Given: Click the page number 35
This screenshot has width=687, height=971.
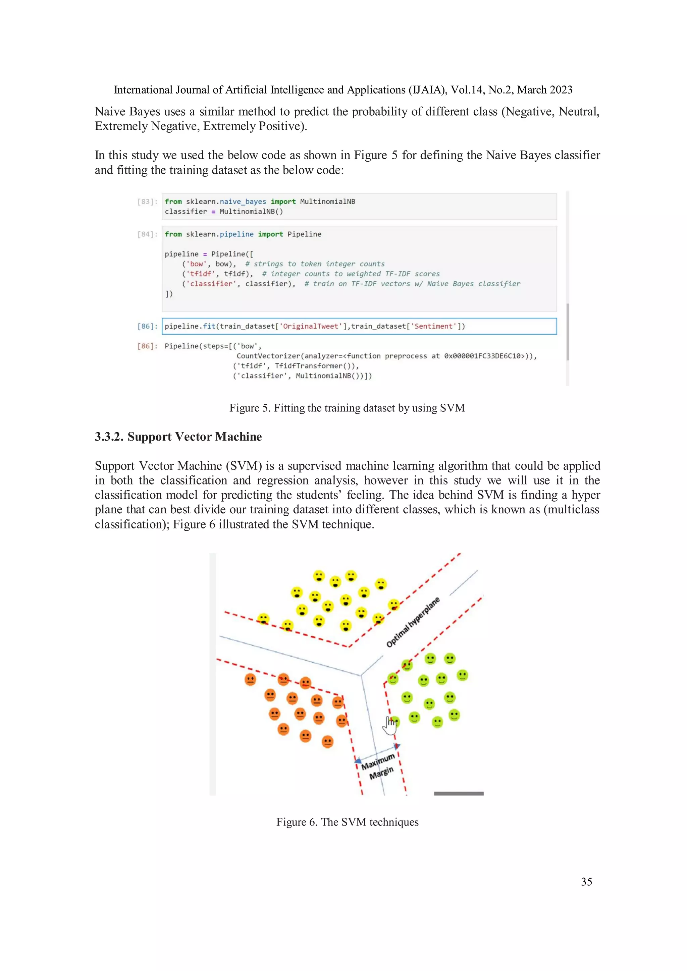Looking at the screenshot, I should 586,882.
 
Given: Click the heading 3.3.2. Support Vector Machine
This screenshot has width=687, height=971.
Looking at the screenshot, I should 178,437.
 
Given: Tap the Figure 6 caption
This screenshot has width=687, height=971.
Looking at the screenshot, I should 347,822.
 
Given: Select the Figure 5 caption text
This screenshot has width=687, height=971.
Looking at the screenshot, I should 347,408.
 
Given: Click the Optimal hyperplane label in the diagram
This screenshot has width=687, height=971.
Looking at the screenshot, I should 413,622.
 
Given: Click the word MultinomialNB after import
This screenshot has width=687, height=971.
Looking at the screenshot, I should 327,202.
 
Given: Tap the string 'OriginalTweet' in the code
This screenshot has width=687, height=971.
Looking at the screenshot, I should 311,326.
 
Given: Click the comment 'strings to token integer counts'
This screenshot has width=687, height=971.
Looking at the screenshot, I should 315,264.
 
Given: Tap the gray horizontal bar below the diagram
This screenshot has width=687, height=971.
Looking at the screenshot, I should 459,793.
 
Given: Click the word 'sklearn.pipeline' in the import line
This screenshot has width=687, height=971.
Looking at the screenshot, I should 220,234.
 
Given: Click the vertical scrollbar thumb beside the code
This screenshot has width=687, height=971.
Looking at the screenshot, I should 568,332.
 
